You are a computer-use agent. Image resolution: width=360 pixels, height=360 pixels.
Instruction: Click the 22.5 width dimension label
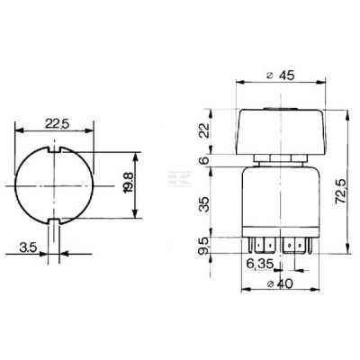pyautogui.click(x=57, y=123)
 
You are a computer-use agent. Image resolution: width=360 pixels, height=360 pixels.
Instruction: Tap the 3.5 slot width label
pyautogui.click(x=28, y=247)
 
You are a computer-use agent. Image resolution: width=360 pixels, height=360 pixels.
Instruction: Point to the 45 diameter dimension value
pyautogui.click(x=286, y=75)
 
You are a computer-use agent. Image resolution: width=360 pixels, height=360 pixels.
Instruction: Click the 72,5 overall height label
pyautogui.click(x=339, y=192)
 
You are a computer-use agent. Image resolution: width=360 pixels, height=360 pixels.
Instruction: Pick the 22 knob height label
pyautogui.click(x=205, y=130)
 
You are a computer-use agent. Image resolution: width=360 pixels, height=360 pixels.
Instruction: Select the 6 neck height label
pyautogui.click(x=205, y=160)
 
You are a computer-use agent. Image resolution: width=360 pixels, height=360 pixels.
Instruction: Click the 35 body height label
pyautogui.click(x=205, y=205)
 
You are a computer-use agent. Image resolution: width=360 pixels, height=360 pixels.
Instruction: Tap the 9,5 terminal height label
pyautogui.click(x=205, y=247)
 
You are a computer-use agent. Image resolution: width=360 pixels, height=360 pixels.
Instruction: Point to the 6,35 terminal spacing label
pyautogui.click(x=260, y=264)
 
